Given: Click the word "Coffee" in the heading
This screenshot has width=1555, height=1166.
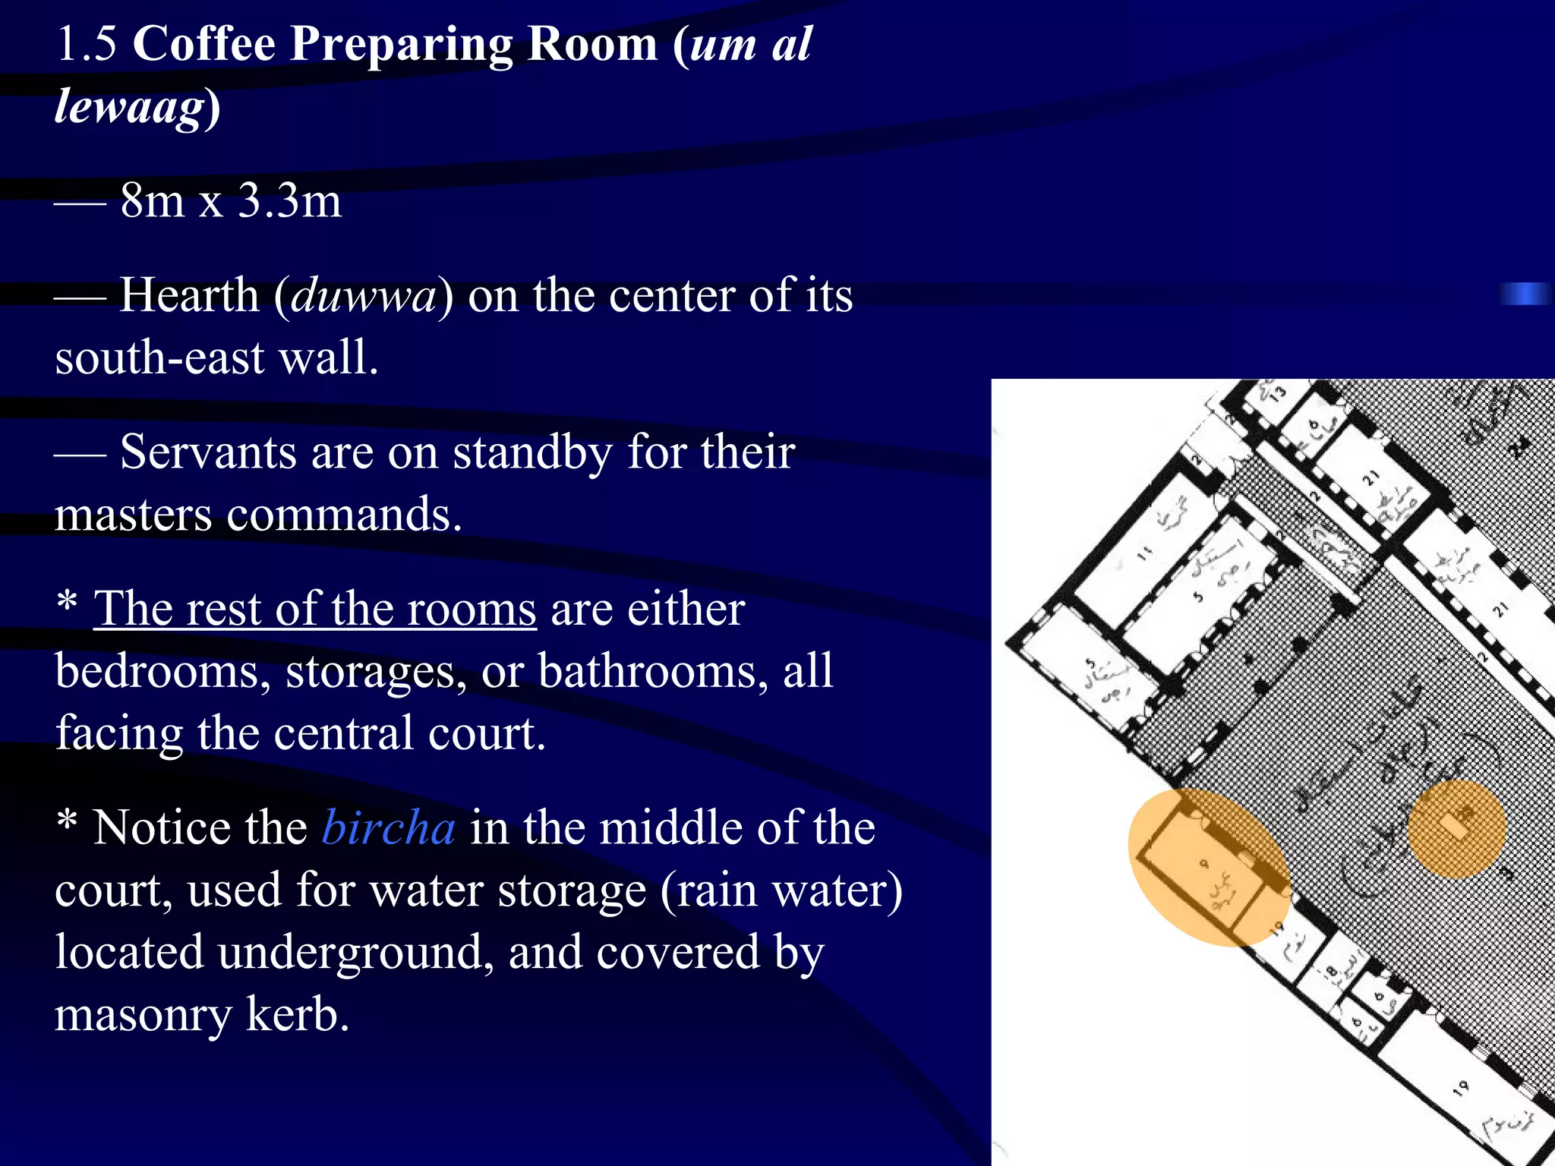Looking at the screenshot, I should click(x=203, y=43).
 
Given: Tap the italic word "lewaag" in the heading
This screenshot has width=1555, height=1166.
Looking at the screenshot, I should click(x=130, y=106).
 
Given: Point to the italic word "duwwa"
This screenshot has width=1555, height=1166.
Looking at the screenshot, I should click(x=364, y=295).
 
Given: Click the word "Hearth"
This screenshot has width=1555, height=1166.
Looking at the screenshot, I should click(x=189, y=295).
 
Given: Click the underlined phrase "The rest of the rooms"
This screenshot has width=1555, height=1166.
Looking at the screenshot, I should click(x=314, y=610).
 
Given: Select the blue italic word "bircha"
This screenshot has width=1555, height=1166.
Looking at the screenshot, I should click(x=389, y=828).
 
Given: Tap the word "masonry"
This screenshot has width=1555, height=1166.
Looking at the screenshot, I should click(x=144, y=1015).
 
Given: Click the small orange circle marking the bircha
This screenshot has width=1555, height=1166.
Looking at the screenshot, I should click(x=1456, y=828).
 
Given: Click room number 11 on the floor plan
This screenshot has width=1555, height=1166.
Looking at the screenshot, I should click(x=1144, y=553).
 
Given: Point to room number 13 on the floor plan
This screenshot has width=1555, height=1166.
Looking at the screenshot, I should click(x=1279, y=392).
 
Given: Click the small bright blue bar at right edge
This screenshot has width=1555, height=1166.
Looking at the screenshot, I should click(x=1525, y=294).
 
